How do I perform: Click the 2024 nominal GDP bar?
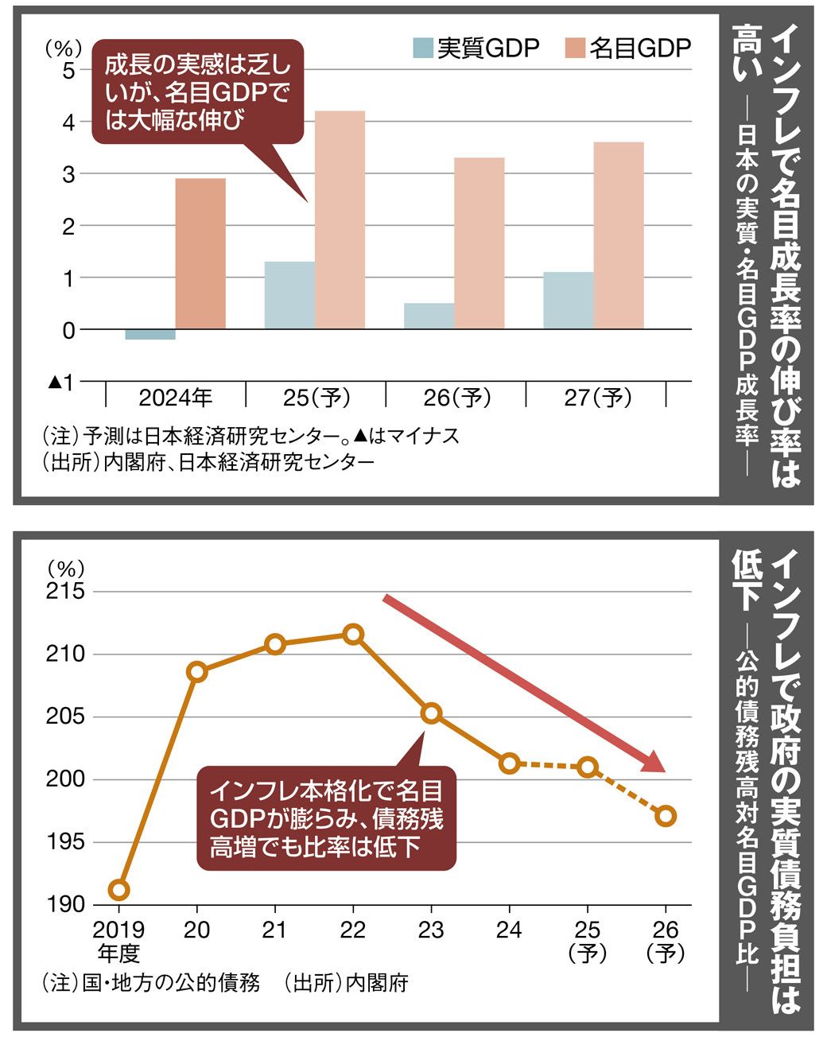click(x=200, y=253)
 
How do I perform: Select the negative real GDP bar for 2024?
click(x=150, y=334)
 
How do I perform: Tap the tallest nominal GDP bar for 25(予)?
click(x=340, y=219)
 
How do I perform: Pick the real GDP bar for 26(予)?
click(x=429, y=316)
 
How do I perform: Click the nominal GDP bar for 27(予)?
click(x=619, y=235)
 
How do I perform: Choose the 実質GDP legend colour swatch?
click(x=423, y=49)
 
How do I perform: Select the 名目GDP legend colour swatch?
click(x=575, y=49)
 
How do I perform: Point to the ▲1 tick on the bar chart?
click(x=61, y=383)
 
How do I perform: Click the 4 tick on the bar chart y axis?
click(x=69, y=122)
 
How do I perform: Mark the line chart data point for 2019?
click(x=118, y=889)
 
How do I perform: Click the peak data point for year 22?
click(x=354, y=634)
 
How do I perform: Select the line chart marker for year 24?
click(x=510, y=763)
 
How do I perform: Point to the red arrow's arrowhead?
click(x=654, y=763)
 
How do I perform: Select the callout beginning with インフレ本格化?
click(x=327, y=818)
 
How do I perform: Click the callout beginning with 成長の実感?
click(x=198, y=92)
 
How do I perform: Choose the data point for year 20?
click(x=197, y=672)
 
